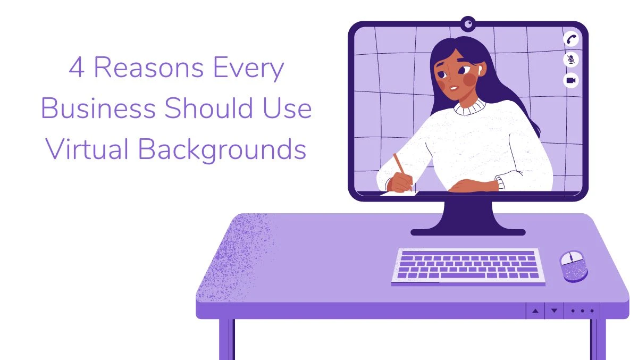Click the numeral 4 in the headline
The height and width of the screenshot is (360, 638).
pos(77,69)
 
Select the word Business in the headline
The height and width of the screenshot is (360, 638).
pos(98,108)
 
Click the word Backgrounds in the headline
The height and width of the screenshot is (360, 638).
pos(222,149)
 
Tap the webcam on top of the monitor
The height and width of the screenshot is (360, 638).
pos(468,23)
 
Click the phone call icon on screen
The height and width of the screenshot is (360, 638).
pos(571,39)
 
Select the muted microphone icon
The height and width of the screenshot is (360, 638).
pos(571,60)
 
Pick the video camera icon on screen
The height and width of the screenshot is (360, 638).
pos(571,80)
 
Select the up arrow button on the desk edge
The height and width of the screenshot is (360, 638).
pos(535,311)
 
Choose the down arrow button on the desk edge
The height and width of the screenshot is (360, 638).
pos(554,311)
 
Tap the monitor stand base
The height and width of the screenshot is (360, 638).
pos(468,232)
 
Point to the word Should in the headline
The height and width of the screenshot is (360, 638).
pos(206,108)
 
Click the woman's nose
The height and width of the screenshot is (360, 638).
pos(450,77)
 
